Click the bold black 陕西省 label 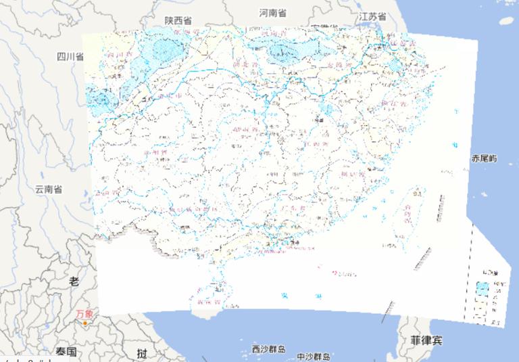(x=178, y=21)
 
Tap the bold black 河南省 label (x=272, y=13)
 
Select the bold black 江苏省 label (x=372, y=16)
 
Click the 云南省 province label (x=49, y=189)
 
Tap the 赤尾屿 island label (x=484, y=158)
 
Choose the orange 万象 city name (x=85, y=313)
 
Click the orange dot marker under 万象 (x=84, y=323)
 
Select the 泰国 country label (x=66, y=351)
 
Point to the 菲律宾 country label (x=420, y=340)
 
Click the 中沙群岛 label (x=313, y=357)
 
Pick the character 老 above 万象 (x=74, y=281)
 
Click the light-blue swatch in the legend (x=482, y=288)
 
